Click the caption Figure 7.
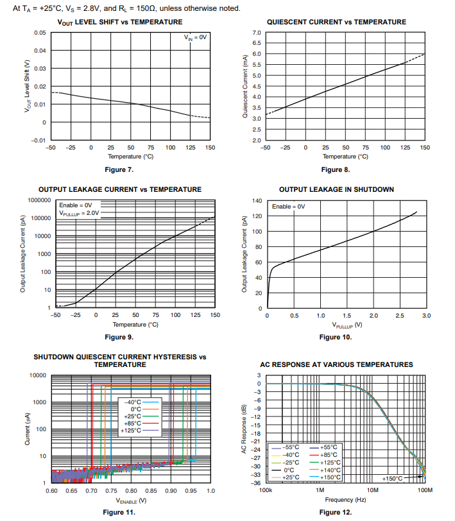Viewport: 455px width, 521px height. point(119,169)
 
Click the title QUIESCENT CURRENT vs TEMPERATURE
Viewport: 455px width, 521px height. point(345,22)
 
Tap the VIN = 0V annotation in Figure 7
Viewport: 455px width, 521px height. point(196,38)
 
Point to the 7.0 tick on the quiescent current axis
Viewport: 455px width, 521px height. point(255,32)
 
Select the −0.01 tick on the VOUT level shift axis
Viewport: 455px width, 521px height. point(39,140)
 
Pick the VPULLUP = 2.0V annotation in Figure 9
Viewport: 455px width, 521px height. point(80,213)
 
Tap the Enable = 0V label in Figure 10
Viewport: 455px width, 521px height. point(288,207)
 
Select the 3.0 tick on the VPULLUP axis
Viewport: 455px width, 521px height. point(425,316)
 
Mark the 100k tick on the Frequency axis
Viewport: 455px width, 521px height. point(264,490)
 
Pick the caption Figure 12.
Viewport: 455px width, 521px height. point(336,512)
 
